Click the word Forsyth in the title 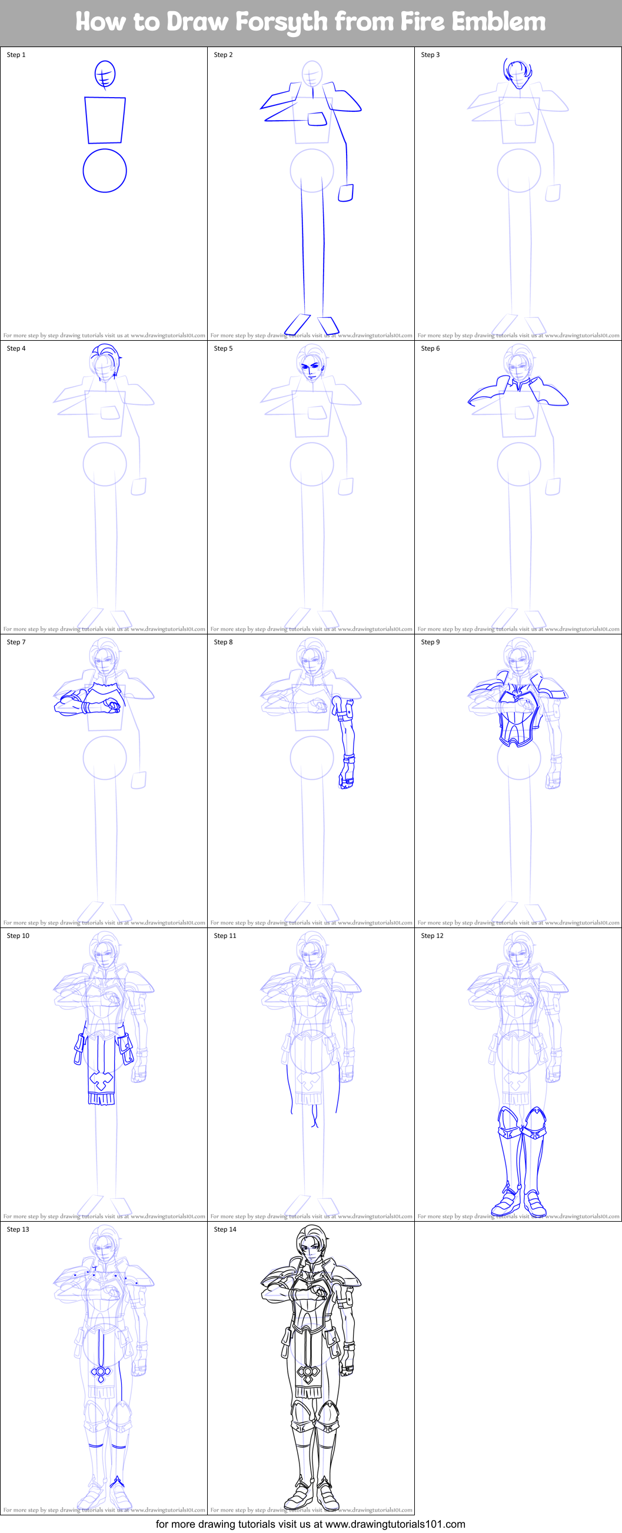tap(281, 22)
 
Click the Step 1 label tap(16, 55)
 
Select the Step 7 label tap(16, 642)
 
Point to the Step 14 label tap(225, 1229)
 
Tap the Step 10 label tap(18, 936)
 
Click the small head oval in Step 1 tap(105, 74)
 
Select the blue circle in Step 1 tap(105, 171)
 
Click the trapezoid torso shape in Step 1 tap(105, 120)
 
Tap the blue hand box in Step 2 tap(346, 193)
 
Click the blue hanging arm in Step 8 tap(346, 743)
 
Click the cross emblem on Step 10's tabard tap(101, 1080)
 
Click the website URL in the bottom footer tap(395, 1524)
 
